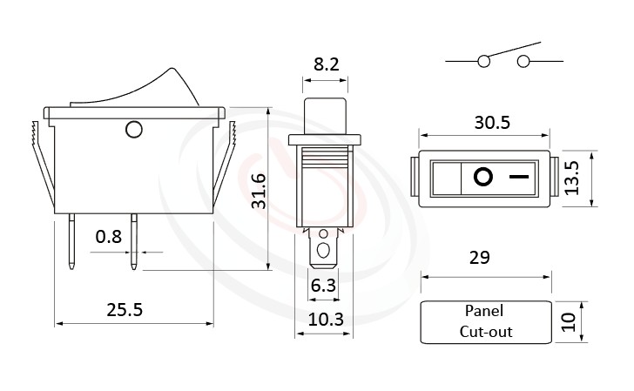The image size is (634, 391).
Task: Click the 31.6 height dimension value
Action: click(259, 191)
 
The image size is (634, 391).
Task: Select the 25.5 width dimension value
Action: click(125, 309)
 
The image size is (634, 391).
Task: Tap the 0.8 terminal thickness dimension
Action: click(108, 236)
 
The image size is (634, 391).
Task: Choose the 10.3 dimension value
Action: click(326, 320)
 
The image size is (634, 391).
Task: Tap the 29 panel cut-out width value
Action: click(479, 258)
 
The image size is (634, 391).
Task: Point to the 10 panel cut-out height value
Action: click(569, 322)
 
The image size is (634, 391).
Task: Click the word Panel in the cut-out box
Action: click(484, 311)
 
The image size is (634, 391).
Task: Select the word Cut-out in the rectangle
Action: click(486, 331)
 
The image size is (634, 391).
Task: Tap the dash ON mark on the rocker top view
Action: click(519, 179)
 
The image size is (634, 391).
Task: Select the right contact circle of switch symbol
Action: click(523, 61)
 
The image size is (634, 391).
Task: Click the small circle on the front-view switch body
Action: click(133, 131)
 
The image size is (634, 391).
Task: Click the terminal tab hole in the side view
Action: click(324, 252)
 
